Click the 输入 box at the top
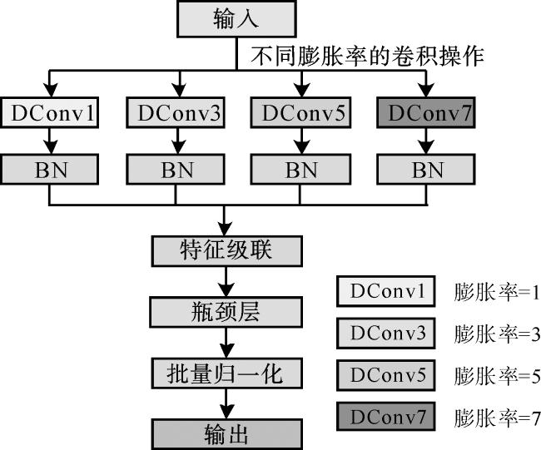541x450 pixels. [236, 20]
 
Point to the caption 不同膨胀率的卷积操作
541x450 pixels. [368, 57]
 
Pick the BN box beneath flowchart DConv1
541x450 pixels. [50, 170]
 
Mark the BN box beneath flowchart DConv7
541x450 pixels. [426, 170]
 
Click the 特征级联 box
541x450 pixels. [223, 250]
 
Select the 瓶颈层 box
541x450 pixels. [223, 312]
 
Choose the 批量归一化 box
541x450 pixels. [223, 373]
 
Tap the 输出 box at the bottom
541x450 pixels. [223, 433]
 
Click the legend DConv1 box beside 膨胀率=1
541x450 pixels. [386, 292]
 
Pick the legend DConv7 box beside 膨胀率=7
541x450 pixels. [386, 417]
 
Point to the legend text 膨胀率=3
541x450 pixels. [497, 335]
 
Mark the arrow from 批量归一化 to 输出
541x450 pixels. [223, 404]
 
